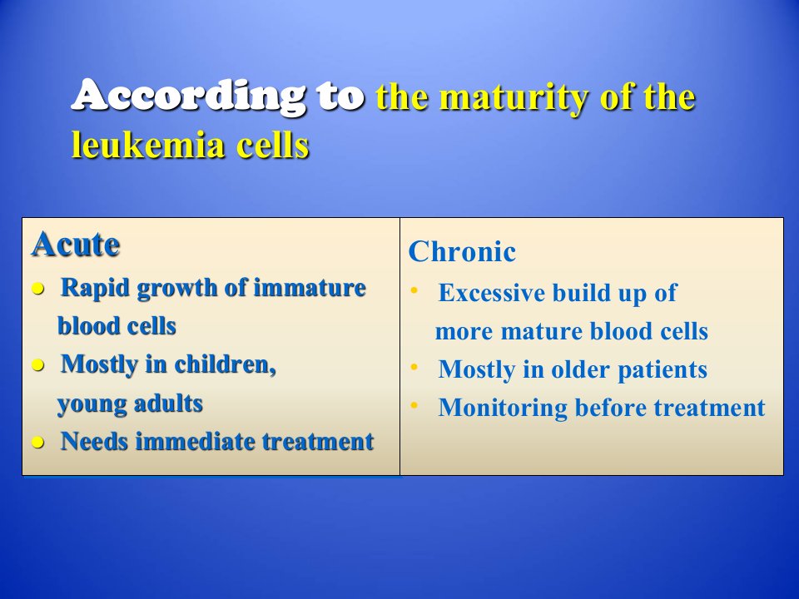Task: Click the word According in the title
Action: click(x=189, y=95)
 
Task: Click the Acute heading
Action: click(x=76, y=244)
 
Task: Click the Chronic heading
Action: click(x=462, y=251)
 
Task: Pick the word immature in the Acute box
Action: click(x=310, y=287)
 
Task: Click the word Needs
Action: click(x=94, y=441)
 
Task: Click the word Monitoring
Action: click(x=503, y=408)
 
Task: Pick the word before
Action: click(x=610, y=408)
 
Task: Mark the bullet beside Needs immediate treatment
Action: click(x=37, y=442)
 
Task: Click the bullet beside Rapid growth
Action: click(x=37, y=290)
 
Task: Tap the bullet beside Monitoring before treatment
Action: click(x=414, y=405)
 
